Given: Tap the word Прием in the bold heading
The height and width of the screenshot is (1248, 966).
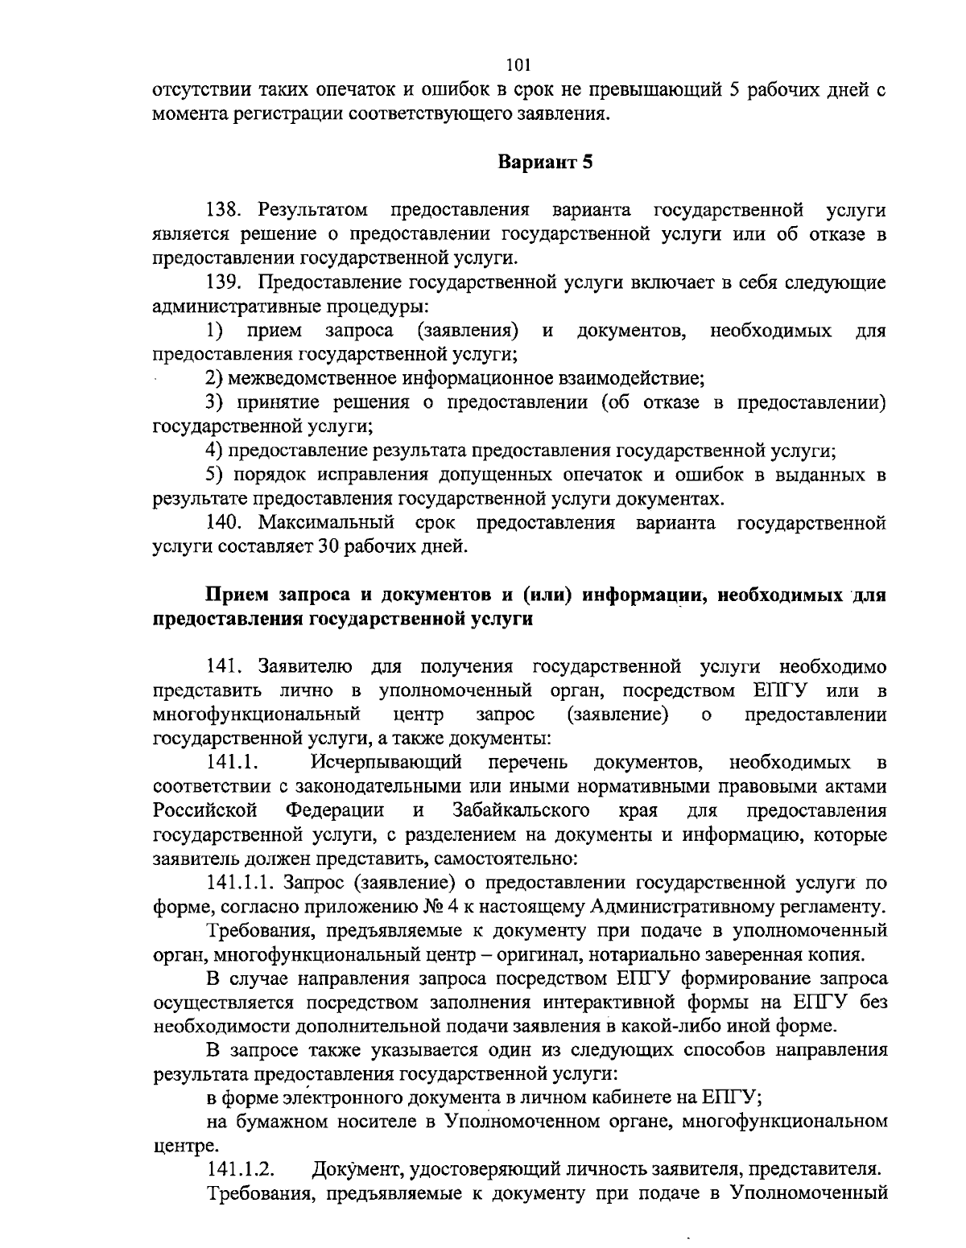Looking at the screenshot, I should pyautogui.click(x=237, y=595).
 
